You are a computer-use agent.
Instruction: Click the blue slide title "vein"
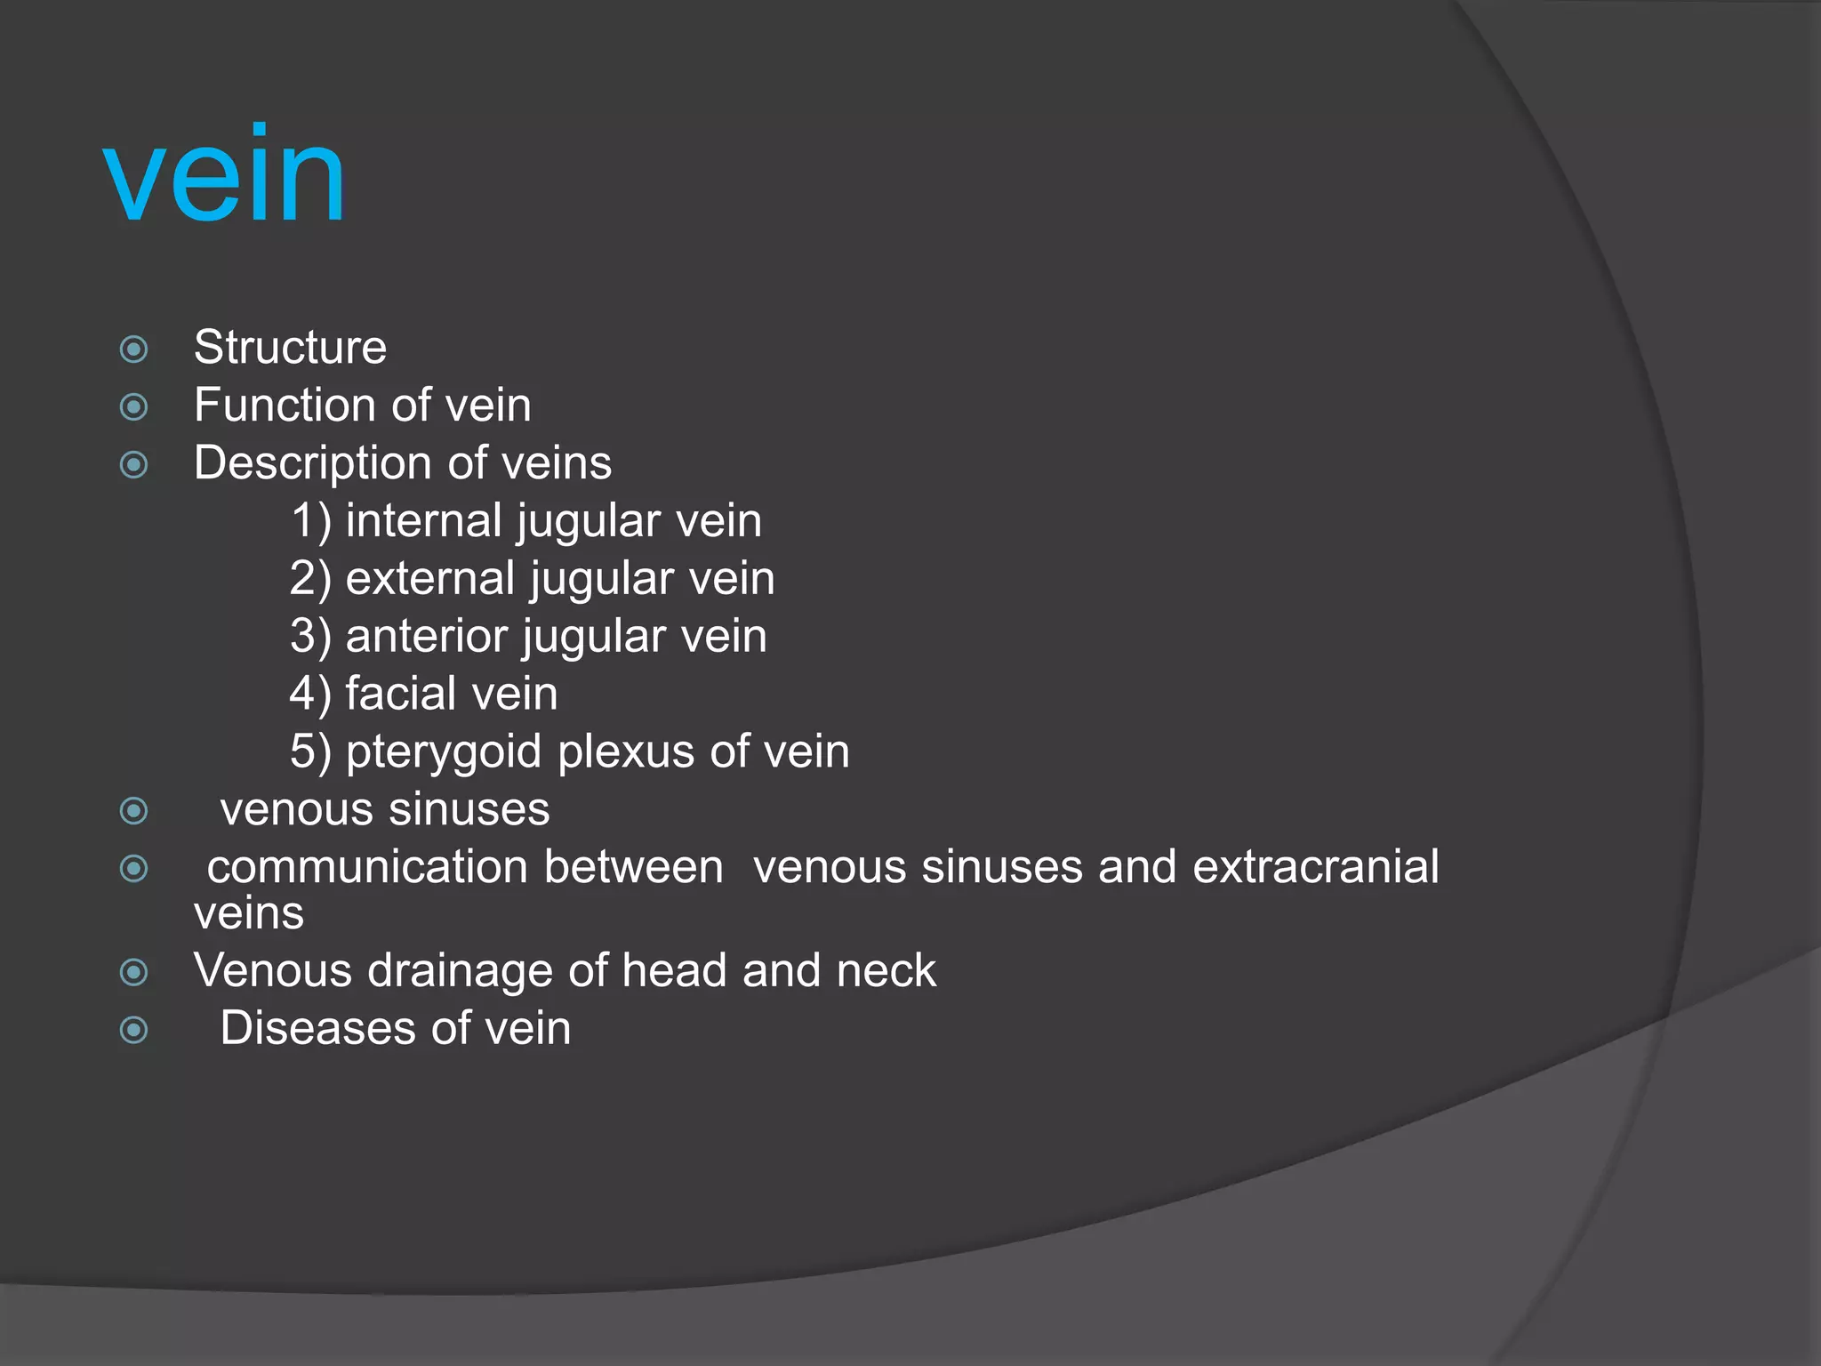(224, 174)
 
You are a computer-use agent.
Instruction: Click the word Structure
(290, 347)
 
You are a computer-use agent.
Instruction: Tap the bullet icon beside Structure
(134, 349)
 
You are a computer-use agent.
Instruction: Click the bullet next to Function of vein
(134, 406)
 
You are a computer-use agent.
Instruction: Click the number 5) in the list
(310, 752)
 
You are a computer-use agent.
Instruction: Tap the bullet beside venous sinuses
(134, 810)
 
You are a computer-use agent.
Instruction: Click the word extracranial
(1315, 867)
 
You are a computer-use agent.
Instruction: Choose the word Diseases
(317, 1028)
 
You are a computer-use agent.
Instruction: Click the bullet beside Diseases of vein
(134, 1030)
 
